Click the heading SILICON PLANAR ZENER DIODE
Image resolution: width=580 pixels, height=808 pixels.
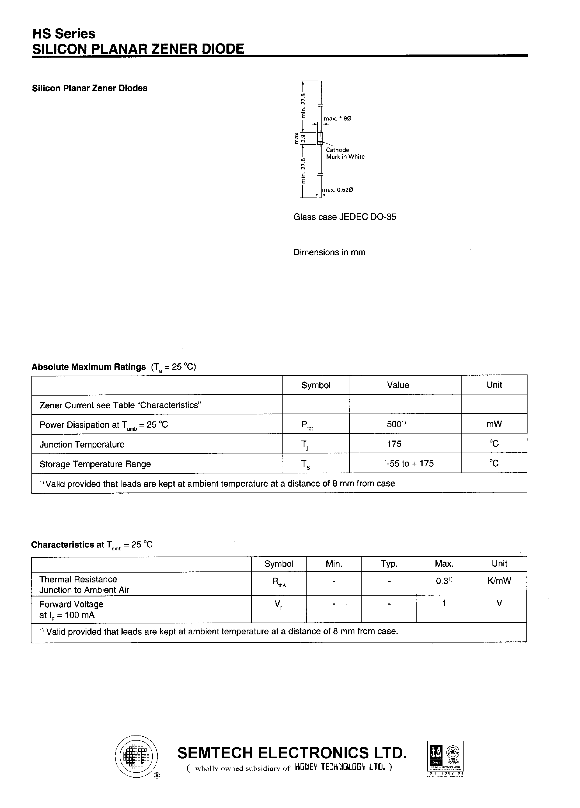[x=138, y=49]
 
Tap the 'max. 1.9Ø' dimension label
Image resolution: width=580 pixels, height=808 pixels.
[x=337, y=118]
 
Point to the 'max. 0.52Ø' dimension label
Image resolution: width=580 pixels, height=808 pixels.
[x=337, y=190]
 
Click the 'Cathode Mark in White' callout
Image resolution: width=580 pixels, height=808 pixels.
[x=345, y=153]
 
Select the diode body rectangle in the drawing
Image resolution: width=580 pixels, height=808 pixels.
[x=320, y=137]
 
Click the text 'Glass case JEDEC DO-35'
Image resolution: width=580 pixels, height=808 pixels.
[x=345, y=217]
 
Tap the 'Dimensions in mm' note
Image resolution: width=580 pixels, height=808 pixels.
[x=329, y=252]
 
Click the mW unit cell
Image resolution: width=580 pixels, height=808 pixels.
[x=494, y=424]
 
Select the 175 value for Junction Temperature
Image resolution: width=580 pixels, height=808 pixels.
[x=394, y=444]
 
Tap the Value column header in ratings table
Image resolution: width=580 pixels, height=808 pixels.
[x=398, y=385]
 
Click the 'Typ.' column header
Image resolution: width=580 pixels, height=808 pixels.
[x=389, y=564]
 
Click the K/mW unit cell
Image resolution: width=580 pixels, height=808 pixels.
[x=499, y=581]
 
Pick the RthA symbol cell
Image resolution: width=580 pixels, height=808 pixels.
[x=279, y=582]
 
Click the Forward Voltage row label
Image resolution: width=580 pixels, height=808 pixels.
[x=71, y=604]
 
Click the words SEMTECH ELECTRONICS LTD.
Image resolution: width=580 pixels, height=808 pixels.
[x=292, y=753]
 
